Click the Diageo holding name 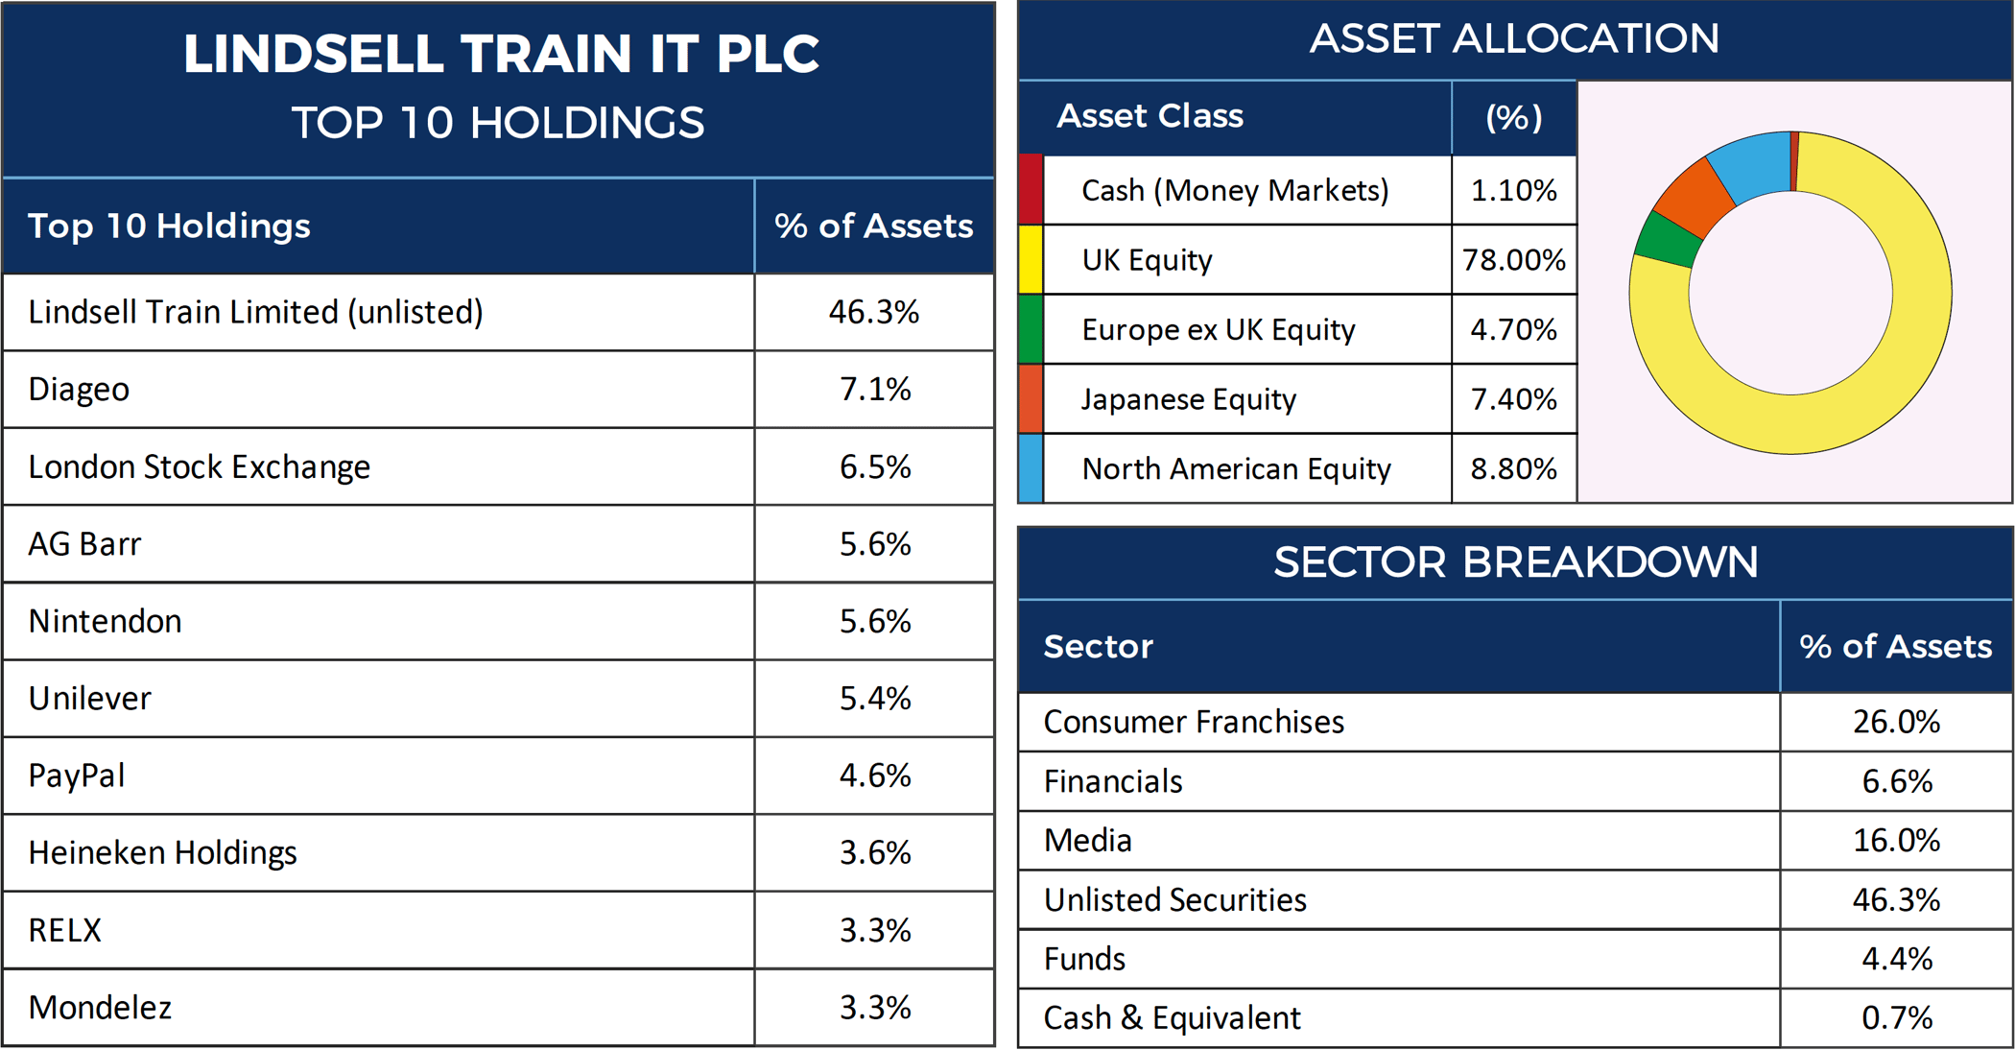(79, 390)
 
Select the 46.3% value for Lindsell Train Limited (874, 312)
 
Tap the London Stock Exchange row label (199, 466)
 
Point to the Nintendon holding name (105, 621)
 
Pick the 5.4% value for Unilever (875, 698)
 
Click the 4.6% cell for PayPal (875, 776)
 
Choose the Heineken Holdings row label (162, 853)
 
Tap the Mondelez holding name (100, 1008)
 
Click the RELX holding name (64, 930)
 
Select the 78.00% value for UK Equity (1514, 260)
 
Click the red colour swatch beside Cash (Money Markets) (1031, 190)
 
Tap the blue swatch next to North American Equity (1031, 468)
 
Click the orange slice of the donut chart (1695, 197)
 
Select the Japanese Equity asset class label (1189, 399)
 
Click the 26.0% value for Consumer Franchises (1896, 722)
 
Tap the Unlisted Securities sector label (1174, 900)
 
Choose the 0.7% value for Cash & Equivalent (1897, 1018)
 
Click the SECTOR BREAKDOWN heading (1515, 562)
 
